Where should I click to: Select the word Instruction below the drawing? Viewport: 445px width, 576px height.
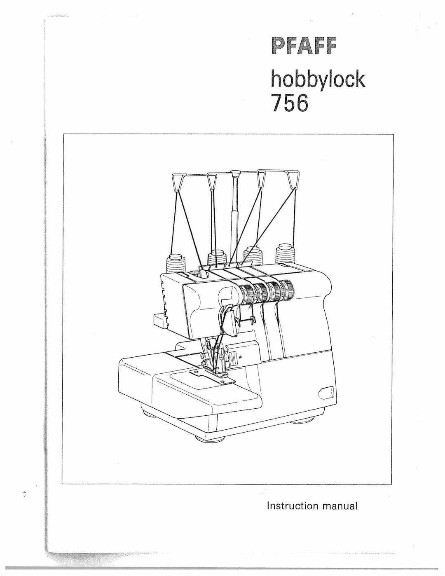tap(293, 506)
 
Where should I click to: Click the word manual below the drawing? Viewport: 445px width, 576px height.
tap(340, 506)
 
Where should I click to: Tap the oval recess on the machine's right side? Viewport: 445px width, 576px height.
tap(327, 392)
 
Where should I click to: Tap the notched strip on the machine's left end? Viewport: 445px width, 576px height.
tap(164, 297)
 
